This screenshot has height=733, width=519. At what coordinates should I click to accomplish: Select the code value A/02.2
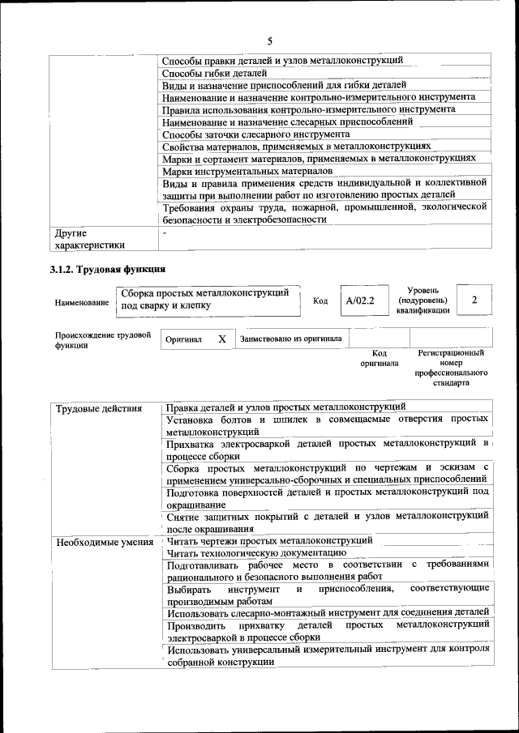[359, 300]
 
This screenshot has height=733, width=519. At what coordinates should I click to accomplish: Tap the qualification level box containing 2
[474, 300]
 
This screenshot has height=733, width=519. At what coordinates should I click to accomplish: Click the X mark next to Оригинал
[221, 339]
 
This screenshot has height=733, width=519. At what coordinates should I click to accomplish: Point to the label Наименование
[82, 302]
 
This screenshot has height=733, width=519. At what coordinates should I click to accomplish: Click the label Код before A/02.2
[320, 300]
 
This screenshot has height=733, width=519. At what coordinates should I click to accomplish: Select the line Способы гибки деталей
[215, 73]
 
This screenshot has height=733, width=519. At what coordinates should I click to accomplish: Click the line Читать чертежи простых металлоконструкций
[269, 540]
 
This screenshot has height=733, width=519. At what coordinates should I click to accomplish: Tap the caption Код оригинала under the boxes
[379, 358]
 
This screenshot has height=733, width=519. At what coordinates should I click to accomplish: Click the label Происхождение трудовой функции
[103, 339]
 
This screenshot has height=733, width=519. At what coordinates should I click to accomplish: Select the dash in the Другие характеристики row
[164, 232]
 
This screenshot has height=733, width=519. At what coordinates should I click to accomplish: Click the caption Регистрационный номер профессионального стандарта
[451, 368]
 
